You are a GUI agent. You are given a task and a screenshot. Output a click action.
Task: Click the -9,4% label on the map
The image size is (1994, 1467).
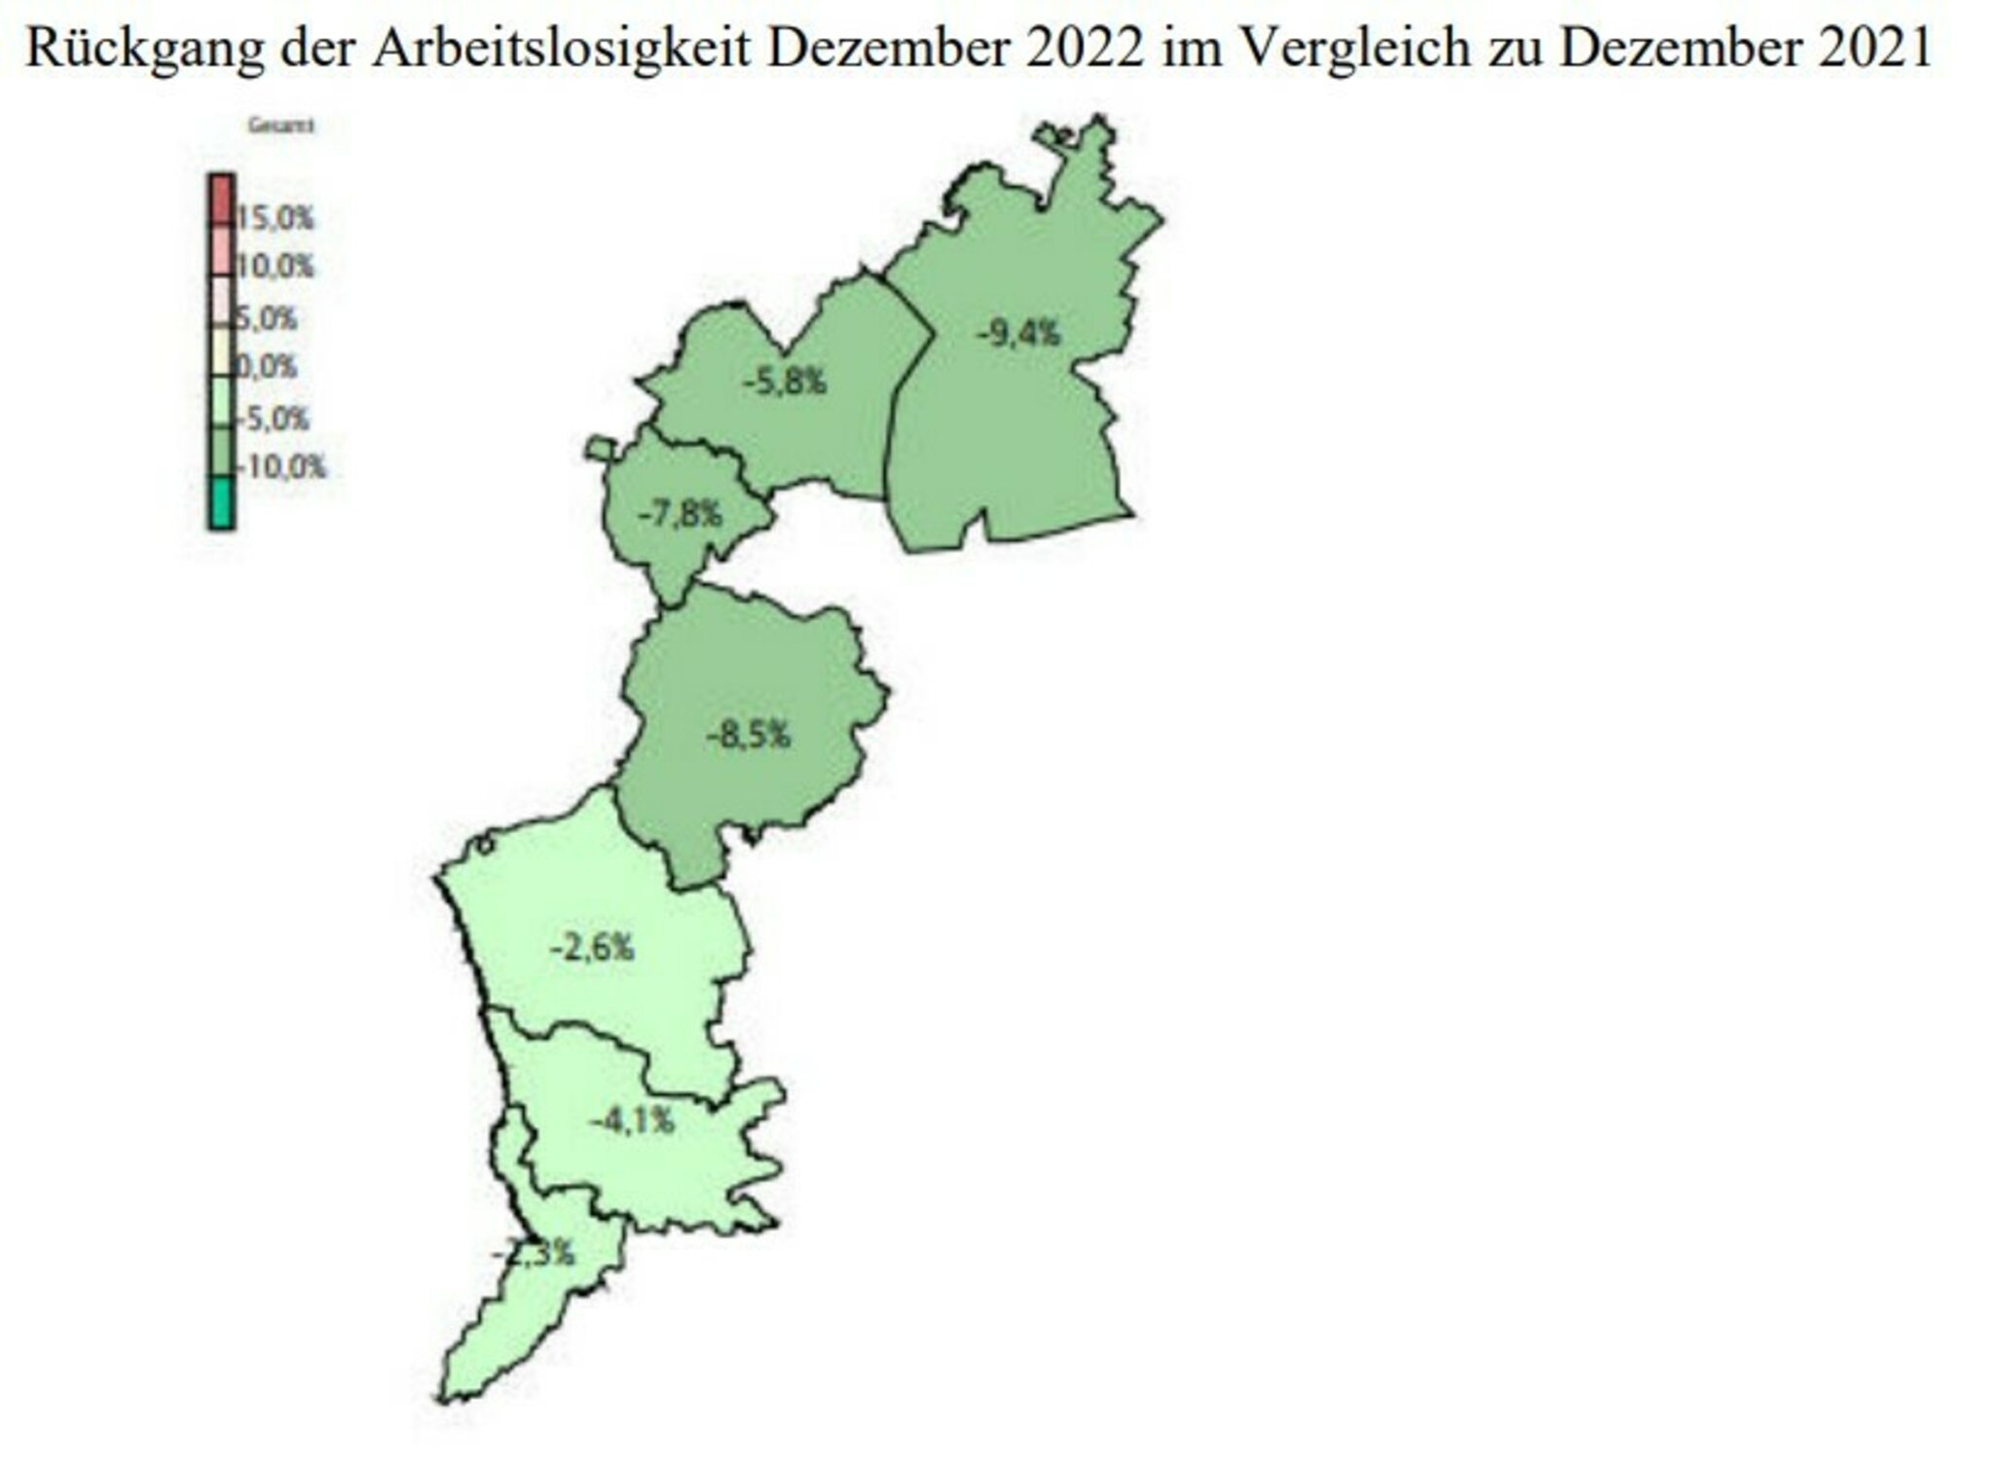pos(1018,335)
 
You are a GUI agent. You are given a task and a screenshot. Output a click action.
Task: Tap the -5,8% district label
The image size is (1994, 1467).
pos(785,382)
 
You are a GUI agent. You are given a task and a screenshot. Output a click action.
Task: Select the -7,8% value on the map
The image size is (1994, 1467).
pos(680,513)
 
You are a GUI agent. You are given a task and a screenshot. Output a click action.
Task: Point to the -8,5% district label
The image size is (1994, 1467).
pos(748,735)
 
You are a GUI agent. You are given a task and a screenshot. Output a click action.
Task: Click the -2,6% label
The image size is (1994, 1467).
pos(592,946)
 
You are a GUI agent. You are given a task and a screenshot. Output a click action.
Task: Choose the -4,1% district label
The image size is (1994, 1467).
pos(631,1121)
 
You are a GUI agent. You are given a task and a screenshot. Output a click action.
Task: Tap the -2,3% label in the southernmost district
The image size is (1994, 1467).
pos(534,1254)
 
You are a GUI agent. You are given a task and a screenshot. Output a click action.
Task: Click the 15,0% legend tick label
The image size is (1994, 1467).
pos(276,219)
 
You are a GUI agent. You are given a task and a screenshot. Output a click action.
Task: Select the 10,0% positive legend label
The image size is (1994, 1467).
pos(276,267)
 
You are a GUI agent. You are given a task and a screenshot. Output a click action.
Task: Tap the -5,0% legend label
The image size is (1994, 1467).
pos(275,420)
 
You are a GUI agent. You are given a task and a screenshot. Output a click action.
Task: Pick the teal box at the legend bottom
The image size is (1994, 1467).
pos(221,502)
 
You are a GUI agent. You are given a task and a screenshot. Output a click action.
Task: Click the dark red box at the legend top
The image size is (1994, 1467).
pos(221,200)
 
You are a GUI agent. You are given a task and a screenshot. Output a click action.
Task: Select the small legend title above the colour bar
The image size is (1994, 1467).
pos(280,126)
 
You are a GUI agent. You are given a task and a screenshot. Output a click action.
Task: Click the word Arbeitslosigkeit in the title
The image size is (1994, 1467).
pos(561,47)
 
